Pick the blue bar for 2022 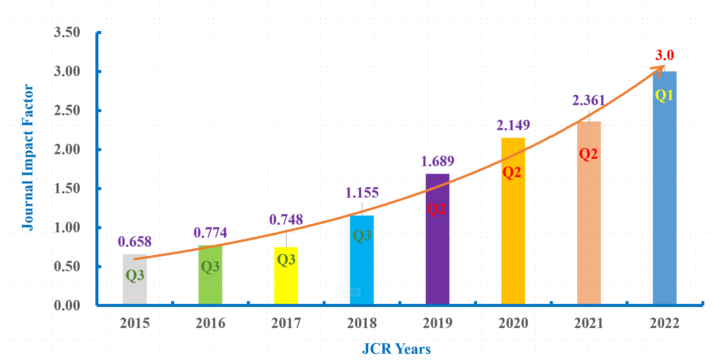coord(665,200)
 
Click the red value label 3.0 coord(665,55)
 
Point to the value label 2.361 coord(589,100)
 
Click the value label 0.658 coord(134,242)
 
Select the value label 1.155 coord(362,193)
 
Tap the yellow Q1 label coord(664,96)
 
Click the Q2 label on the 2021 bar coord(588,154)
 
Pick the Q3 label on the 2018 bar coord(362,236)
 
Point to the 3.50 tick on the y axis coord(67,32)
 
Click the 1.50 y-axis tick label coord(67,189)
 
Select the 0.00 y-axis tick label coord(67,306)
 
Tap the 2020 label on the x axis coord(513,323)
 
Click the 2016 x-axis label coord(210,323)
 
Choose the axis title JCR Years coord(396,349)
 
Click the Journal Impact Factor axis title coord(28,157)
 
